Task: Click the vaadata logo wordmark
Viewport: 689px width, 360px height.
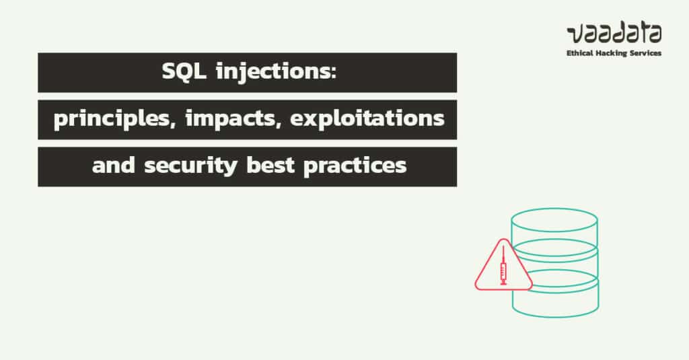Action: (x=614, y=32)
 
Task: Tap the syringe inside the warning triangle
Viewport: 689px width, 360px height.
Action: (x=503, y=268)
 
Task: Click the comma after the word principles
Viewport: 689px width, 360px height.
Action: (x=159, y=126)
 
